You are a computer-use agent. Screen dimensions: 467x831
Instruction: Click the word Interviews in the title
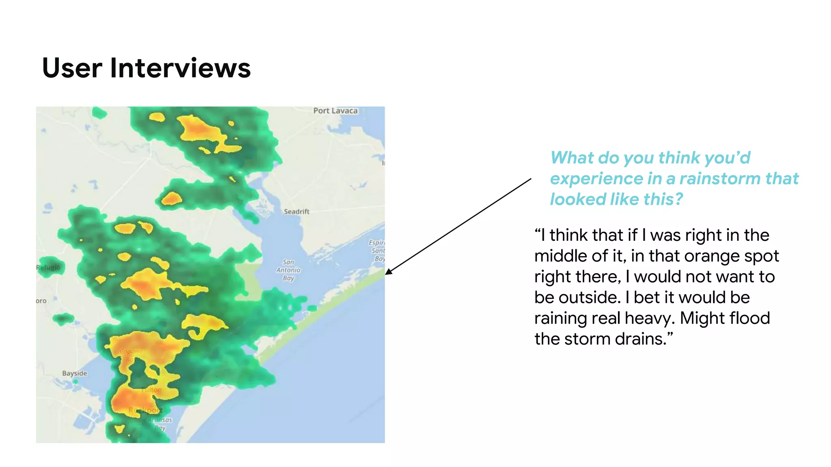180,68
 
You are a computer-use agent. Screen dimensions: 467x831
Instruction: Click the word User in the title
72,68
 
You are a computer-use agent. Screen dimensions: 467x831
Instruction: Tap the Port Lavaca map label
335,111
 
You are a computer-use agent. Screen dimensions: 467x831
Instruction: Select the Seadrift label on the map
296,212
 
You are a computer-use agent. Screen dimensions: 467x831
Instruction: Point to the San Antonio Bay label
288,270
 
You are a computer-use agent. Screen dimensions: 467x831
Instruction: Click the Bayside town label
75,373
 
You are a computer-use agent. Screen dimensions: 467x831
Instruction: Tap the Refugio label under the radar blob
48,268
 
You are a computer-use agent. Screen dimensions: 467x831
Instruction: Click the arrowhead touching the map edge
388,272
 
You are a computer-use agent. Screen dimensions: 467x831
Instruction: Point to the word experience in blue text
596,179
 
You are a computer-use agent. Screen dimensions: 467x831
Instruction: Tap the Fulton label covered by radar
152,390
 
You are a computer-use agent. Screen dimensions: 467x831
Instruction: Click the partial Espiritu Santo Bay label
377,251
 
